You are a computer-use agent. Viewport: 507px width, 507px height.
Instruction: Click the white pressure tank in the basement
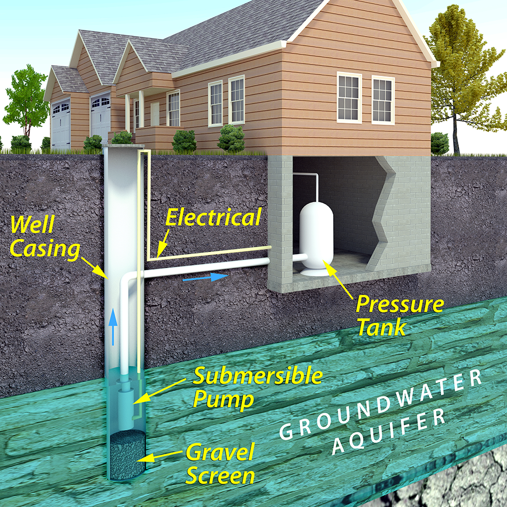coord(316,239)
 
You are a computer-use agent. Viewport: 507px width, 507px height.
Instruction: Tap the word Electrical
coord(213,218)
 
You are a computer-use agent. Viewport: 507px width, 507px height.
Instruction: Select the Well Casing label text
coord(45,237)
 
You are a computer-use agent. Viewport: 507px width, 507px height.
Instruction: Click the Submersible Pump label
coord(258,387)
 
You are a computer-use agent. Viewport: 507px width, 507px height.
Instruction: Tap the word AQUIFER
coord(388,431)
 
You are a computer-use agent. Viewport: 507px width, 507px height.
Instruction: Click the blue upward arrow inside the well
coord(113,327)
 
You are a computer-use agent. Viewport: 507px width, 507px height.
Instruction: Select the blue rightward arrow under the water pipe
coord(205,277)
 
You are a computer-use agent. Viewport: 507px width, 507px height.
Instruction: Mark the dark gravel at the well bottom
coord(127,451)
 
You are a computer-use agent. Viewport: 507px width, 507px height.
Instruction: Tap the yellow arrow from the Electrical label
coord(163,242)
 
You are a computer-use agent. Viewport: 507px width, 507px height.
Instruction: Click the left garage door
coord(61,124)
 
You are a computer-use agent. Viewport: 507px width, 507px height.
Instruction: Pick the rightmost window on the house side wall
coord(383,100)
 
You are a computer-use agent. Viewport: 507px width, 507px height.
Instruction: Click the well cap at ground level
coord(123,146)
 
